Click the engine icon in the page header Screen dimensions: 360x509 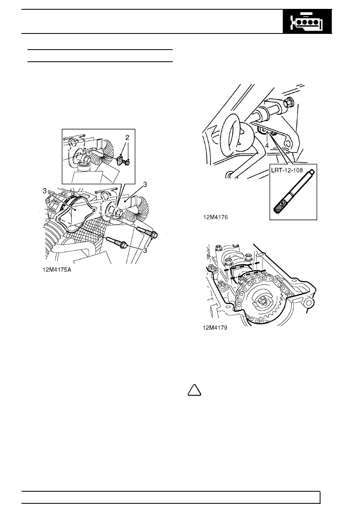[307, 22]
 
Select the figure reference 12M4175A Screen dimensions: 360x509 [57, 270]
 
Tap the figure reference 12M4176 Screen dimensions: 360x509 [215, 217]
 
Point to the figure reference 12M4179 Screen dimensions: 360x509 [215, 328]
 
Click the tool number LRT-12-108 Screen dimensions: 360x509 [287, 170]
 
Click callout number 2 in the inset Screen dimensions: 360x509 [127, 137]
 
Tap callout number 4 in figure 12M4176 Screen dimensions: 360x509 [267, 146]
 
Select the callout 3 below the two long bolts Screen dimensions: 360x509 [145, 250]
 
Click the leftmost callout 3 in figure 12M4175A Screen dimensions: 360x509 [45, 191]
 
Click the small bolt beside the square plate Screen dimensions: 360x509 [127, 162]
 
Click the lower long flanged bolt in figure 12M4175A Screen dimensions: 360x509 [117, 242]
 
